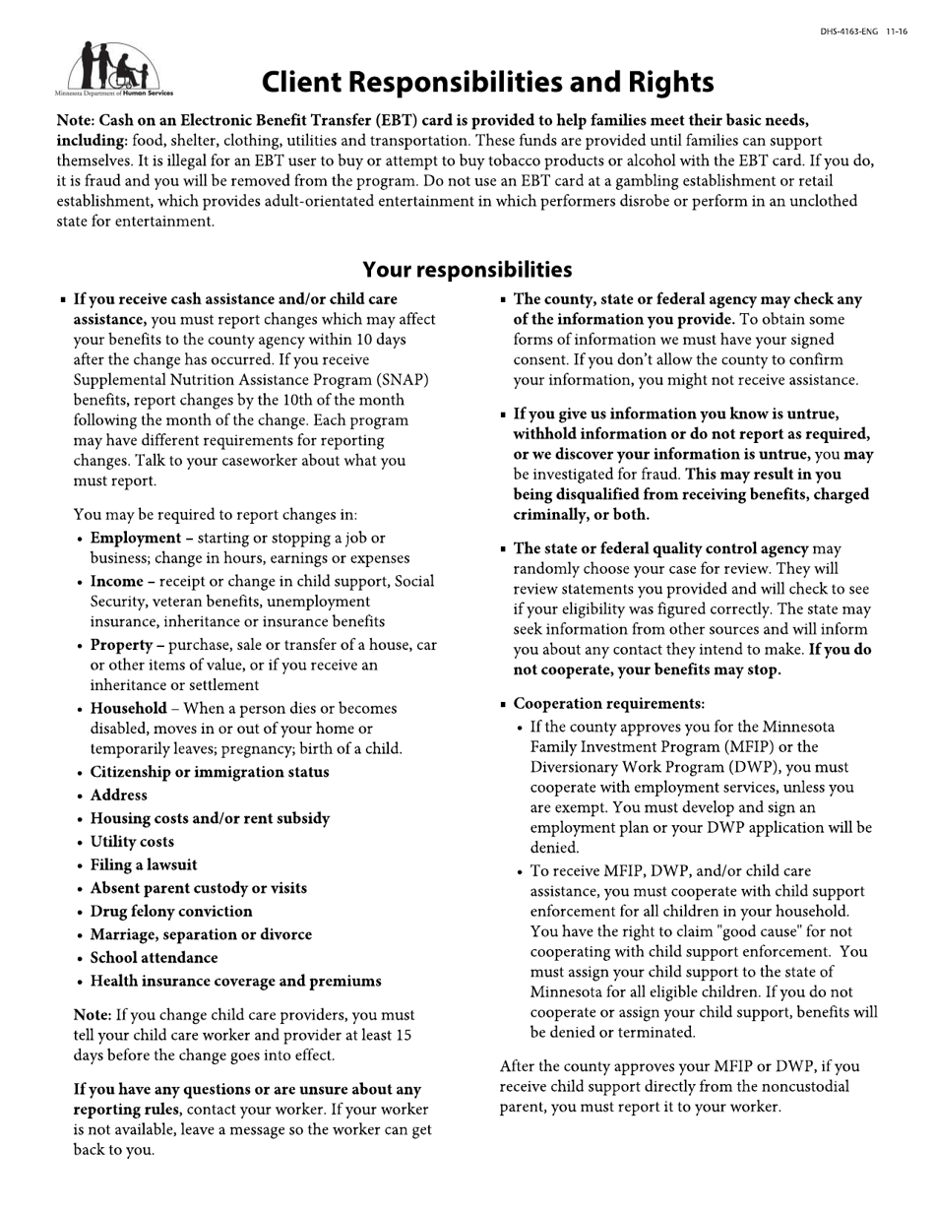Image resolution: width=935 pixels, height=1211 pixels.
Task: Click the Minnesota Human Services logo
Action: click(x=114, y=69)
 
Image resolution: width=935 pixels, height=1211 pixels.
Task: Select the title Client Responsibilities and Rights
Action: click(x=487, y=82)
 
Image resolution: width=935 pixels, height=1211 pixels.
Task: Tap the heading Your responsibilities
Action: click(x=467, y=270)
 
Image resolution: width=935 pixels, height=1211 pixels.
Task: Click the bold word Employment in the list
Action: click(x=135, y=538)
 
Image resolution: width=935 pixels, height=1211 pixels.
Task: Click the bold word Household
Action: click(x=128, y=708)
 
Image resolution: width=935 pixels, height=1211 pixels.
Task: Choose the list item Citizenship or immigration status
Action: click(x=210, y=772)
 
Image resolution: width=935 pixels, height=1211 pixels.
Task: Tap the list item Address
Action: click(x=118, y=796)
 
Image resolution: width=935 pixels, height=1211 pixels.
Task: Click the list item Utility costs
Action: click(x=132, y=842)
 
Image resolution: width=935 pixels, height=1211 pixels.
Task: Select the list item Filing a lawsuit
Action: click(x=144, y=864)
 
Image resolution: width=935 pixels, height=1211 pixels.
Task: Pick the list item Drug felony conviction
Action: click(x=171, y=912)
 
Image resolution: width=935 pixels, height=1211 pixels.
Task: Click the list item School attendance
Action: click(x=154, y=958)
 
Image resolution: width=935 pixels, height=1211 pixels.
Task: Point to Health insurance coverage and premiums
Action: click(x=235, y=982)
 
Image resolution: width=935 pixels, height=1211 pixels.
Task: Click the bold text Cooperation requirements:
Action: click(x=609, y=704)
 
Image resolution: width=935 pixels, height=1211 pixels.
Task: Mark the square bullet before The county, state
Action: click(x=504, y=300)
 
